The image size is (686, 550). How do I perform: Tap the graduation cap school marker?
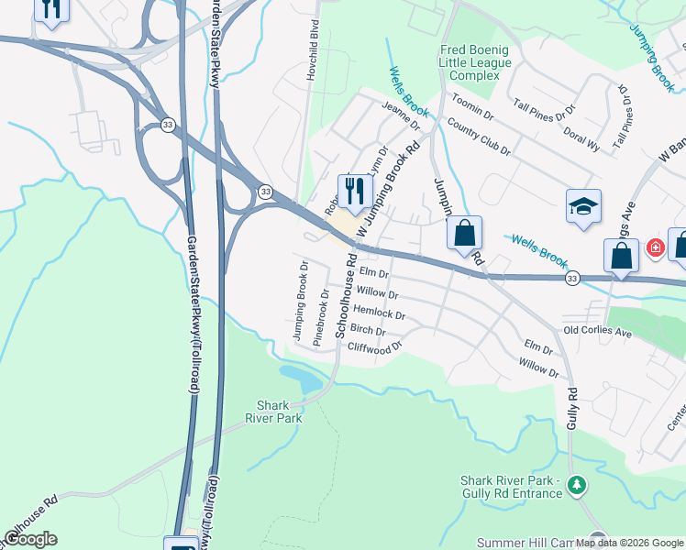(x=582, y=207)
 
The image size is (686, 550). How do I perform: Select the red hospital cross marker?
(x=655, y=247)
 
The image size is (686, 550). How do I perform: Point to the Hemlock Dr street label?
(x=378, y=313)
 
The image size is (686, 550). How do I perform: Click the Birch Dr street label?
(x=368, y=330)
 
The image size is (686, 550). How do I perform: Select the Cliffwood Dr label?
(x=375, y=348)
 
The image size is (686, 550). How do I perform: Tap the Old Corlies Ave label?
(x=597, y=332)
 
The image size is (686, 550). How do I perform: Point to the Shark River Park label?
(x=273, y=411)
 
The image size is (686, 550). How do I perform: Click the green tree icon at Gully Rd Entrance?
(x=576, y=485)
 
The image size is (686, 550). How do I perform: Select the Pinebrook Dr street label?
(x=320, y=317)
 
